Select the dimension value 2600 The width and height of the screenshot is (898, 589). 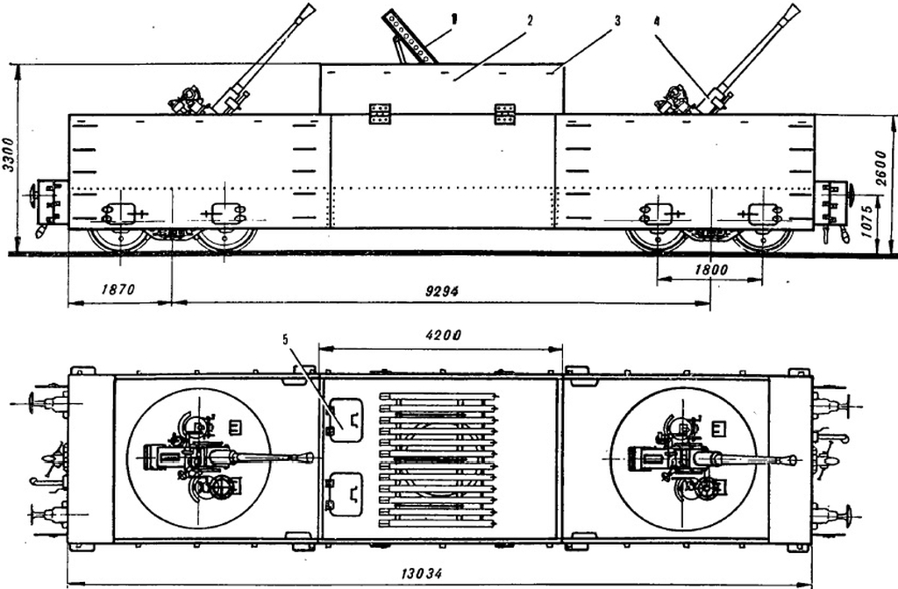click(881, 168)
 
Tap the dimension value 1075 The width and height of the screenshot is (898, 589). click(867, 222)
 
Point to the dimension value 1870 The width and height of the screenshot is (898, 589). click(118, 288)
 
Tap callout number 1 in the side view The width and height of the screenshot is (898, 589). click(454, 19)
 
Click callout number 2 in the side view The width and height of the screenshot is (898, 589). click(529, 21)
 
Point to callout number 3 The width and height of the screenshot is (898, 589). click(616, 21)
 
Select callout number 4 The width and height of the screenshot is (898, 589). click(656, 21)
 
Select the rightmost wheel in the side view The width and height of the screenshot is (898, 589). click(764, 240)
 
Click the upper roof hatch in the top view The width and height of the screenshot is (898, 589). click(346, 420)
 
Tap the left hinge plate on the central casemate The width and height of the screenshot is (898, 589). click(381, 113)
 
